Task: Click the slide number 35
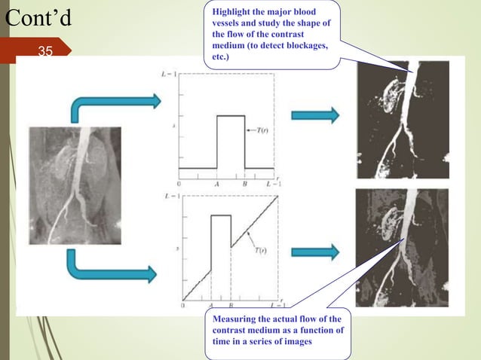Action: [45, 51]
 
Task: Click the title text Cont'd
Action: [38, 18]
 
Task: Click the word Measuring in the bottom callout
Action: [235, 320]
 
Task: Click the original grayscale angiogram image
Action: [76, 185]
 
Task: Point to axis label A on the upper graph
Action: [218, 183]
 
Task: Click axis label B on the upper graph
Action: [244, 183]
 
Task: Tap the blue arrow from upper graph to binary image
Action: [315, 115]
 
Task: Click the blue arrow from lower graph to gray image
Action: [315, 252]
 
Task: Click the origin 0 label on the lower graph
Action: [183, 306]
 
